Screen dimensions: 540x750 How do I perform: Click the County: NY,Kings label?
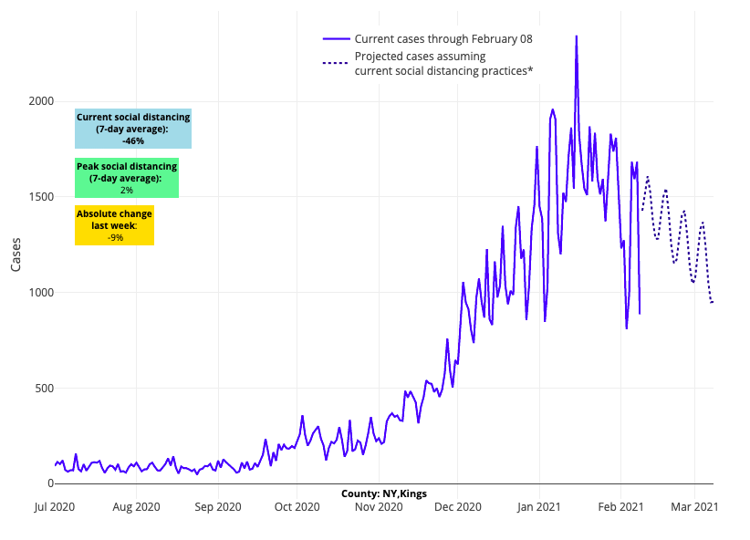coord(384,493)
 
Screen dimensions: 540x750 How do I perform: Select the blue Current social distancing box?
coord(133,129)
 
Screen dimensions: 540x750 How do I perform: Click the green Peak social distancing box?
coord(127,178)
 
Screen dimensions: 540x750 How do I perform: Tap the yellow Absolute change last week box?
coord(114,225)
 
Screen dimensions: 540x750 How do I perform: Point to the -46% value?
coord(133,141)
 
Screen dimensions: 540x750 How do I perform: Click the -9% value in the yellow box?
coord(115,237)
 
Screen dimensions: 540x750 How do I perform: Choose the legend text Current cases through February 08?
coord(443,39)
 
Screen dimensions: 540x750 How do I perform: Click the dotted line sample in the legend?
coord(336,63)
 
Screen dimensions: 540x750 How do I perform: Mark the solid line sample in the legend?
coord(336,39)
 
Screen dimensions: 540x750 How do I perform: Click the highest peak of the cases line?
coord(576,36)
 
